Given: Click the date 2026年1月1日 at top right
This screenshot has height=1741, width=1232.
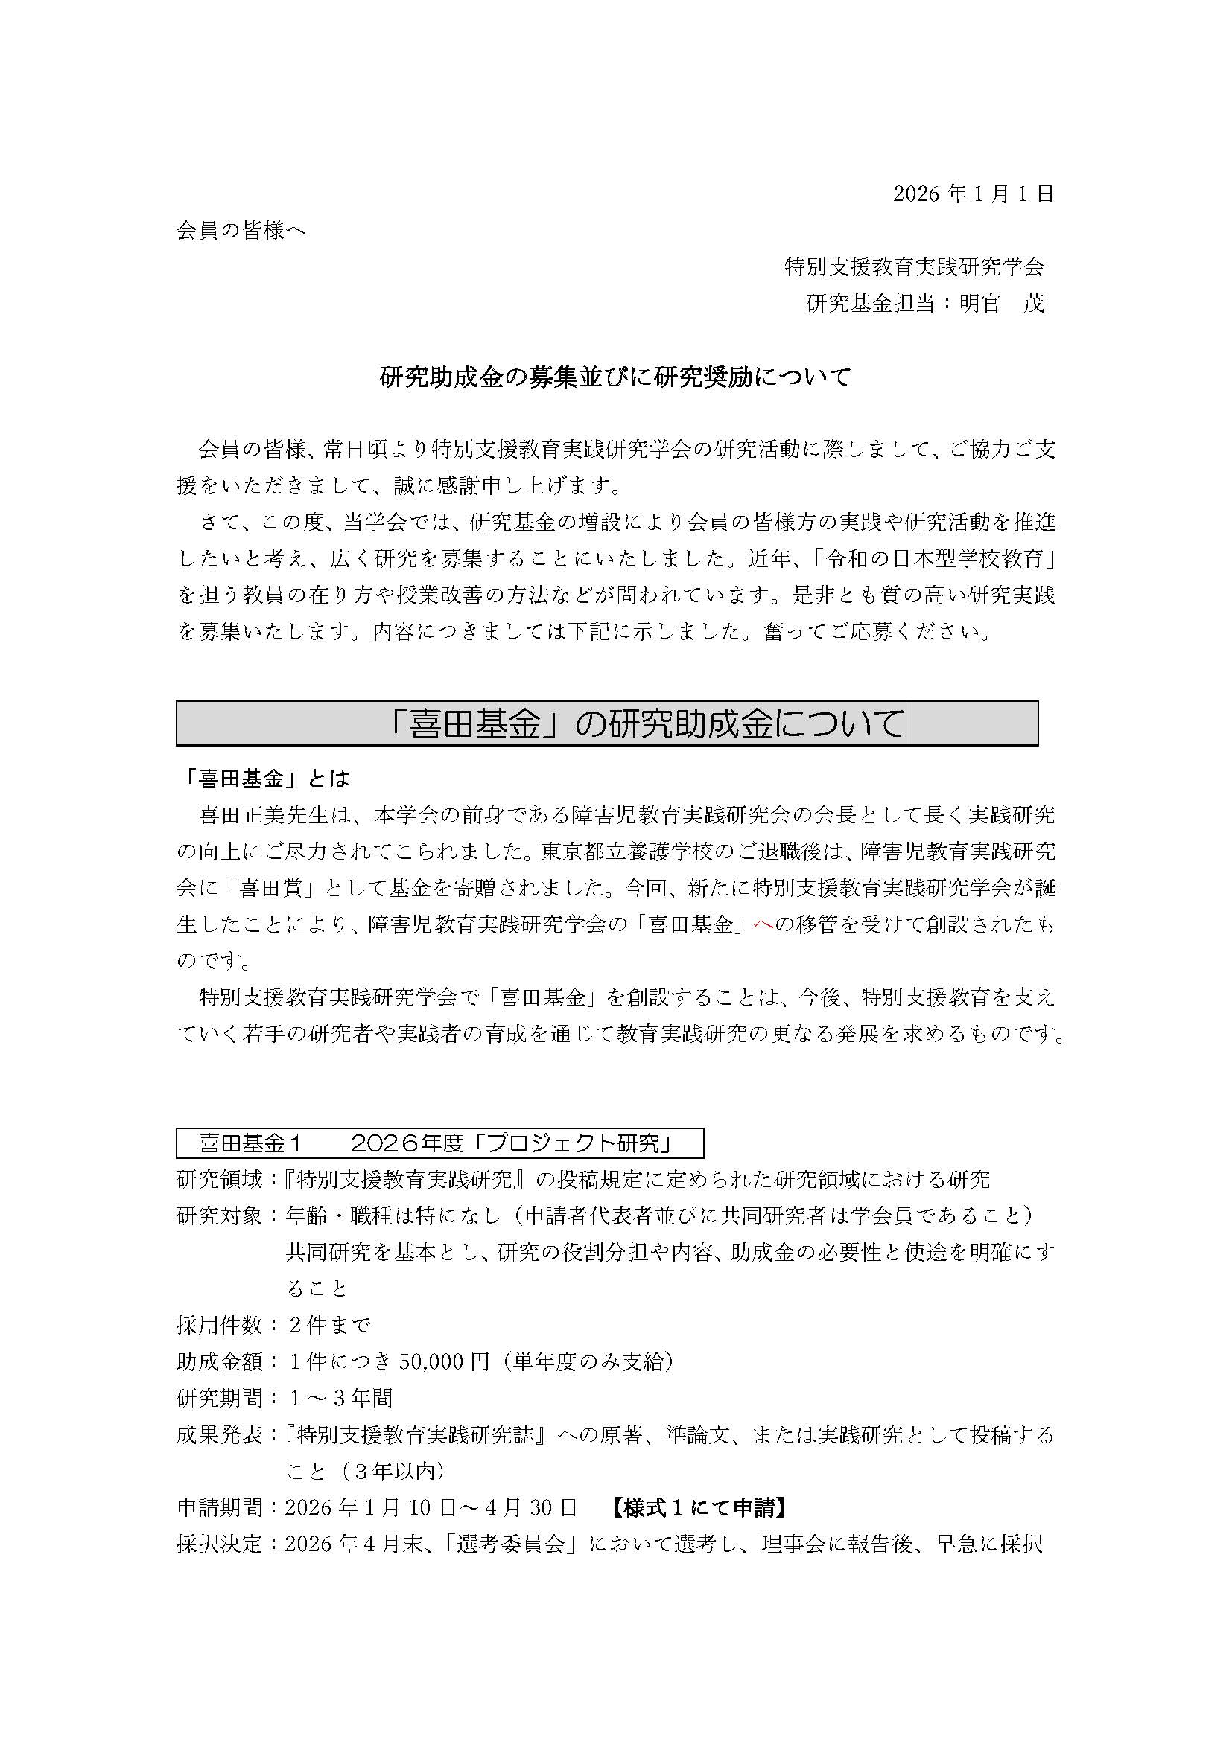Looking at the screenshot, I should click(974, 194).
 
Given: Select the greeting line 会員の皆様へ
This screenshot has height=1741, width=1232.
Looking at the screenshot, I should click(241, 231).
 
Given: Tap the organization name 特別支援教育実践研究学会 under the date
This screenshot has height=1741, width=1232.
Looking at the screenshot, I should click(914, 267).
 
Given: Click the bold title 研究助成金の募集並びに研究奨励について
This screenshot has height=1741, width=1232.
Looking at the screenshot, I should click(615, 377).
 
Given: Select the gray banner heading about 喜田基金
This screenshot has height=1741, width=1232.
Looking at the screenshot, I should click(607, 723).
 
